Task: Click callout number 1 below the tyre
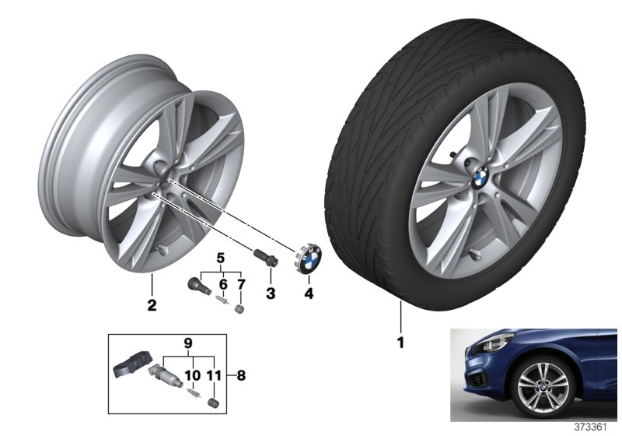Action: [400, 343]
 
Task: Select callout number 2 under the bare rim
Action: [152, 305]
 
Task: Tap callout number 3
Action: [271, 294]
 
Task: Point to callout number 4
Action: [309, 294]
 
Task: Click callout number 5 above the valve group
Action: [221, 258]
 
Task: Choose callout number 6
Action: [223, 284]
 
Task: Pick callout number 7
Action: [241, 284]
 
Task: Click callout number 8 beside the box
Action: [241, 375]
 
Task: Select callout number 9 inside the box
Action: [188, 343]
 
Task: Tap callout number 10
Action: [193, 375]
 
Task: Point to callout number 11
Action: [214, 375]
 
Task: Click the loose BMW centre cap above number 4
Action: [309, 259]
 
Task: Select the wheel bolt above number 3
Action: [265, 257]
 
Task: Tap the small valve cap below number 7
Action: [239, 308]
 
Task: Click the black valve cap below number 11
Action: [212, 401]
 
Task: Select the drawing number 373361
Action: [591, 427]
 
